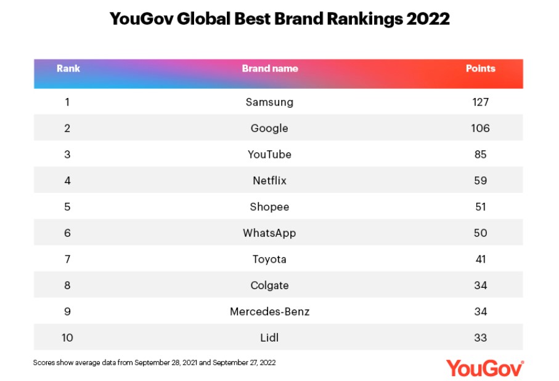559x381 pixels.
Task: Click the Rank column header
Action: [68, 68]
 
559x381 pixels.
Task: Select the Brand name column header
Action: [270, 68]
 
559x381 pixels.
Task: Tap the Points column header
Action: [480, 68]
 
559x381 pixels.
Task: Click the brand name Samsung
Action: [269, 102]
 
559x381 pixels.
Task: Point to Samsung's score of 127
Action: [480, 102]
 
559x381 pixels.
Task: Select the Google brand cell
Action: [269, 128]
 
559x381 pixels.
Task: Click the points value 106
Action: [480, 128]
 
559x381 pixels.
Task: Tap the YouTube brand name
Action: [269, 155]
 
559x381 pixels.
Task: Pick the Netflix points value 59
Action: [480, 181]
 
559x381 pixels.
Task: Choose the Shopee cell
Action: [269, 207]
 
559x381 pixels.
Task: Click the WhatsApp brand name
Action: [269, 233]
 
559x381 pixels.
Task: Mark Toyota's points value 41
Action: [480, 259]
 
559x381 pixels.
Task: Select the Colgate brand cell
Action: [269, 285]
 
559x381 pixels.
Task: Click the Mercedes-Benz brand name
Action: [269, 311]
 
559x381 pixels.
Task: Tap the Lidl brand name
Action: [269, 337]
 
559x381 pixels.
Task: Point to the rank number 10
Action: [67, 337]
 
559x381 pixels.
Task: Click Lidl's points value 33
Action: [480, 337]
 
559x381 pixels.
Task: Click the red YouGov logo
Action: [485, 368]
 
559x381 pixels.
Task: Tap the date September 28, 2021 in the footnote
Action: [166, 363]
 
